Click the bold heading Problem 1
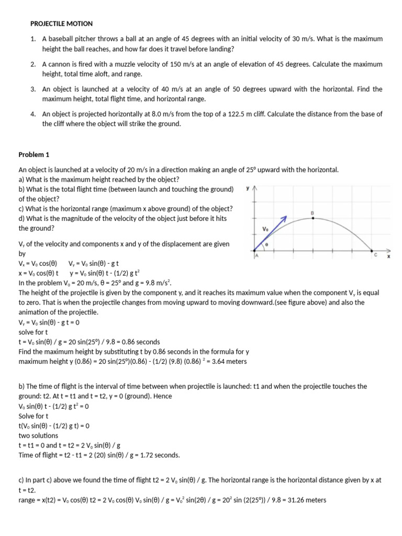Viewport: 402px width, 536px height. [34, 154]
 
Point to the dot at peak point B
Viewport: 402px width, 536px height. [313, 218]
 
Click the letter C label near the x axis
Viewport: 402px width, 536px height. [375, 254]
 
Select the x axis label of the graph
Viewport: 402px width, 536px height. [388, 257]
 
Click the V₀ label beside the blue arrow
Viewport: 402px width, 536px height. [265, 229]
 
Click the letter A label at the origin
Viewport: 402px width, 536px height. [256, 255]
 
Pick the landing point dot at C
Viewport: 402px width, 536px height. [372, 250]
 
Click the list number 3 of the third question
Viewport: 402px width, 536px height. [32, 89]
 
